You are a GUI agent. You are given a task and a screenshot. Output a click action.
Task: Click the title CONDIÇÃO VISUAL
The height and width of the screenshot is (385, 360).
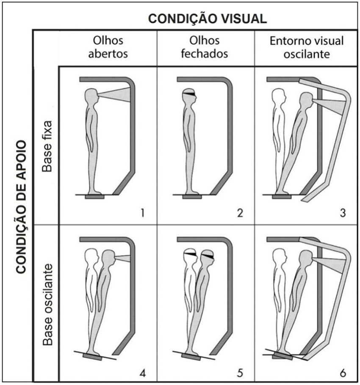click(x=208, y=19)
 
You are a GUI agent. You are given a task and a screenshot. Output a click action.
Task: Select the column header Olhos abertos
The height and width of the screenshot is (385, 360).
click(x=108, y=47)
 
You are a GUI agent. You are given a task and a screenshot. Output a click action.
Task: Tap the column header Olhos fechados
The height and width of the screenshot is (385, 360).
click(x=205, y=47)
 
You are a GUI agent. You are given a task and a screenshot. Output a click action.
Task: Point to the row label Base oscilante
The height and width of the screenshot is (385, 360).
click(x=47, y=305)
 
